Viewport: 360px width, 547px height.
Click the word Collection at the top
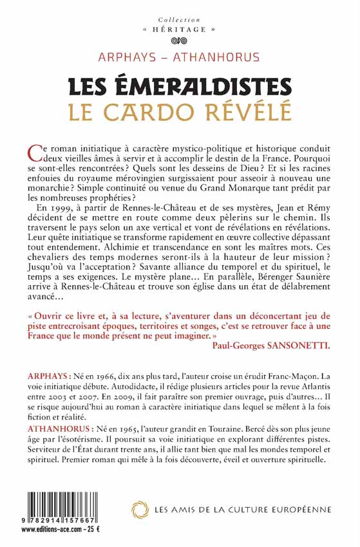point(180,20)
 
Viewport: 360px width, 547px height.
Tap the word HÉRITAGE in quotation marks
point(180,30)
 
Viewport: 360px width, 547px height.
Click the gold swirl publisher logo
point(140,510)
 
